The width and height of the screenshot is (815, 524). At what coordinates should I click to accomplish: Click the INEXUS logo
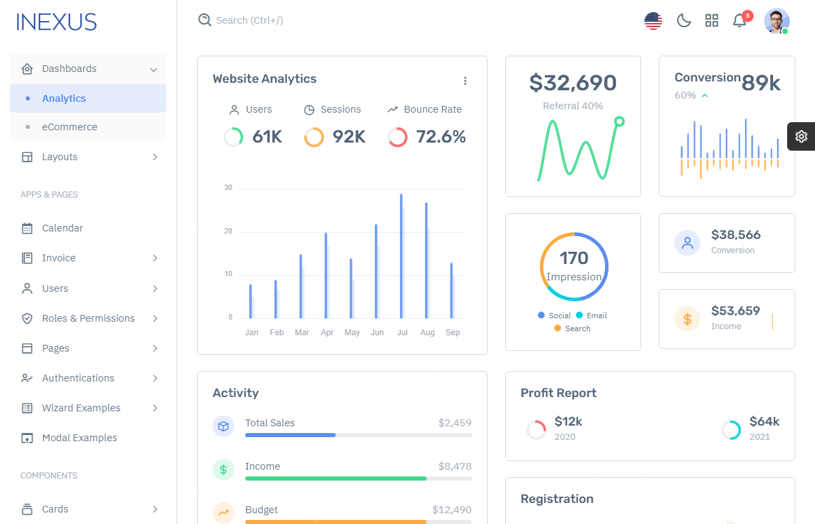pyautogui.click(x=56, y=22)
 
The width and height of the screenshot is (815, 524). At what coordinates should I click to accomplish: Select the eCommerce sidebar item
pyautogui.click(x=69, y=127)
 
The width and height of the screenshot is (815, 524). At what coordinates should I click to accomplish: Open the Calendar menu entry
pyautogui.click(x=62, y=228)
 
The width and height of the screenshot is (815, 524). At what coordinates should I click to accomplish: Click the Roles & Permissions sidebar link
pyautogui.click(x=88, y=318)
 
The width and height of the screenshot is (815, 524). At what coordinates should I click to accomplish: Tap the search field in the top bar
pyautogui.click(x=249, y=20)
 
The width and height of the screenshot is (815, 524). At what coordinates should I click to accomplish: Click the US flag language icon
pyautogui.click(x=653, y=21)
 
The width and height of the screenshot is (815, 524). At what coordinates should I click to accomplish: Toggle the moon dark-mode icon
pyautogui.click(x=683, y=21)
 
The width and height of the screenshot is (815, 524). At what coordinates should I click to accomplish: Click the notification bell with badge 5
pyautogui.click(x=740, y=21)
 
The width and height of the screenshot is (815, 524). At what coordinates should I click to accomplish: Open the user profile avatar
pyautogui.click(x=776, y=21)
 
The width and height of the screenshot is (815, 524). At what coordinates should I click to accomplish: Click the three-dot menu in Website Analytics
pyautogui.click(x=465, y=81)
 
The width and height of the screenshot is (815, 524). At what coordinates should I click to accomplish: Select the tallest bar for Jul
pyautogui.click(x=401, y=256)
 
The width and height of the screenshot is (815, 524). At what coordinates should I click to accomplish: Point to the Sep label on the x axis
pyautogui.click(x=452, y=333)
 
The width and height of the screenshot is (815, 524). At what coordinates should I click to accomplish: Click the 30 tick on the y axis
pyautogui.click(x=228, y=188)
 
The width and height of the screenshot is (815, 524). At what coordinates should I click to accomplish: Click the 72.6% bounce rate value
pyautogui.click(x=441, y=137)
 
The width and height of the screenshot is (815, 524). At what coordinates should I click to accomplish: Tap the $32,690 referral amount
pyautogui.click(x=573, y=83)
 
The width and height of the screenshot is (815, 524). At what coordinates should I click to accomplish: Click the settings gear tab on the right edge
pyautogui.click(x=801, y=136)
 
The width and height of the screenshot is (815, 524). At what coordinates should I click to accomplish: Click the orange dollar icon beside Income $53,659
pyautogui.click(x=687, y=319)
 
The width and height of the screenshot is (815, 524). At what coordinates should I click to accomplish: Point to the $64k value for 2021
pyautogui.click(x=764, y=422)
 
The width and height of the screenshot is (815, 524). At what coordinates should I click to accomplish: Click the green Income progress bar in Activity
pyautogui.click(x=336, y=479)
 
